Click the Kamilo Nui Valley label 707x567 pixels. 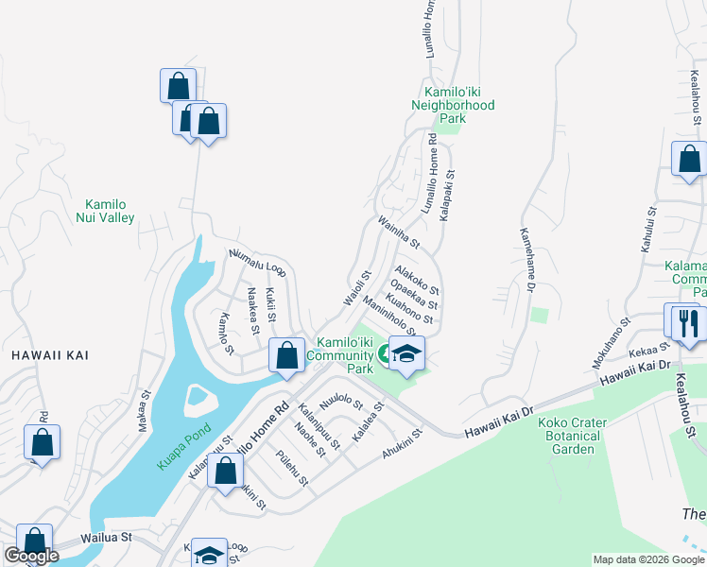(x=112, y=211)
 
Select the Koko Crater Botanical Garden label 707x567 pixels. (x=569, y=436)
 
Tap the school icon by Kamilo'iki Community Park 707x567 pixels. (x=407, y=354)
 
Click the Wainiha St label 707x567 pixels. (x=398, y=232)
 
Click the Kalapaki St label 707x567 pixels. (x=447, y=196)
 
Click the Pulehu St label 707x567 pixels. (x=292, y=469)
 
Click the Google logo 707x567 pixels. (x=31, y=556)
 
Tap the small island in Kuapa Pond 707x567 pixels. (x=197, y=399)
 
